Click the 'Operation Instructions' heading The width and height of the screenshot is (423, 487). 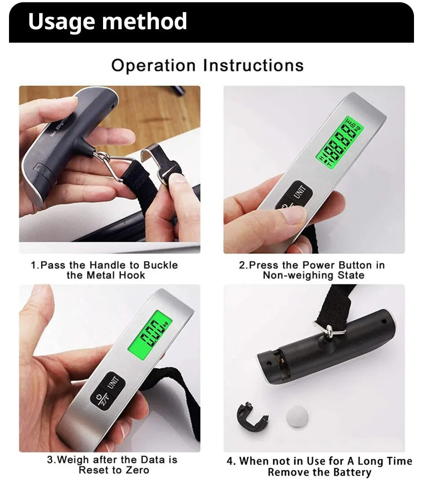(207, 66)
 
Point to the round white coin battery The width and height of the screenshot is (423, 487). (297, 416)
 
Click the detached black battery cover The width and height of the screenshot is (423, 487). (251, 416)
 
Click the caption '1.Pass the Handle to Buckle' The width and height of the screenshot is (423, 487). (104, 265)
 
